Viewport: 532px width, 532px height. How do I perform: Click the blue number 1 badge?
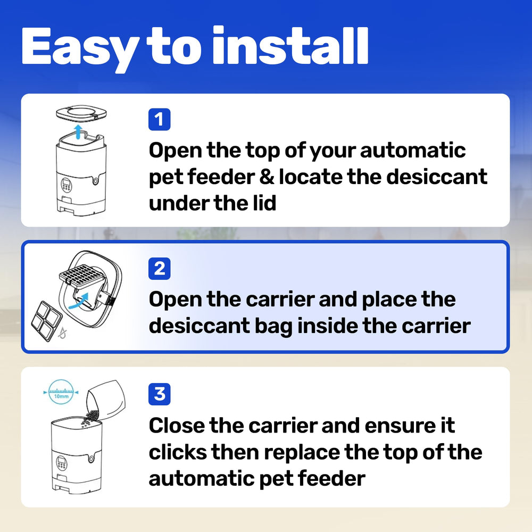[159, 119]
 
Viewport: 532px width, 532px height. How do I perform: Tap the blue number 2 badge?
[159, 269]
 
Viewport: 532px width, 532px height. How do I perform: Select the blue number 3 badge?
[159, 394]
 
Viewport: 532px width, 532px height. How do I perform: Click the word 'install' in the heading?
[290, 45]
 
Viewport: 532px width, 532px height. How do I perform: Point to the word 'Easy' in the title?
[80, 49]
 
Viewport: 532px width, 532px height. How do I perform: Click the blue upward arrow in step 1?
[78, 131]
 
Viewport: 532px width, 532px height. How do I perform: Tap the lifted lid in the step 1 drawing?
[81, 112]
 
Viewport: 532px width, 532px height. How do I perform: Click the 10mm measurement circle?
[61, 392]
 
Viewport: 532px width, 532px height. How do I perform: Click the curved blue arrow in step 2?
[79, 301]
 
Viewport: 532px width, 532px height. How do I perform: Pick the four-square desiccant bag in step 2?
[47, 321]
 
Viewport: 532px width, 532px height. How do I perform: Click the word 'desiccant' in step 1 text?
[437, 177]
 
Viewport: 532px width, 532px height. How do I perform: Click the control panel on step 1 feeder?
[66, 185]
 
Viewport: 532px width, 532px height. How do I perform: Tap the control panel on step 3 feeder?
[62, 463]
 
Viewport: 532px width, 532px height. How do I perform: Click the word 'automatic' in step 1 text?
[413, 151]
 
